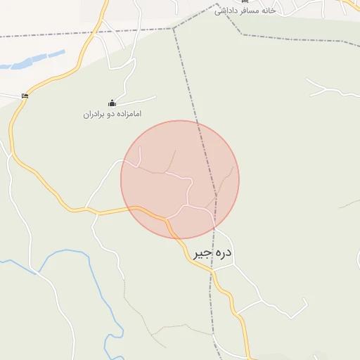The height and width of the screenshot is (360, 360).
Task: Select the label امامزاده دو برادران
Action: (112, 113)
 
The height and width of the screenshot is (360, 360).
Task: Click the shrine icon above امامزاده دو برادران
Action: (112, 103)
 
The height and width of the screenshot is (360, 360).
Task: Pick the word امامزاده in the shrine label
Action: (129, 113)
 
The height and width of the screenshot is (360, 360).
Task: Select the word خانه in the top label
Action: (269, 11)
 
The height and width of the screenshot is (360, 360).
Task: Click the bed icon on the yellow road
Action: (25, 96)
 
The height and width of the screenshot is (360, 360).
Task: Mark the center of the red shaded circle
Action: (180, 179)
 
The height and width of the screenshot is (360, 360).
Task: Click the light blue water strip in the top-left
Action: (32, 62)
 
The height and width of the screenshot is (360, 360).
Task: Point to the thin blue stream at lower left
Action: (70, 252)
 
